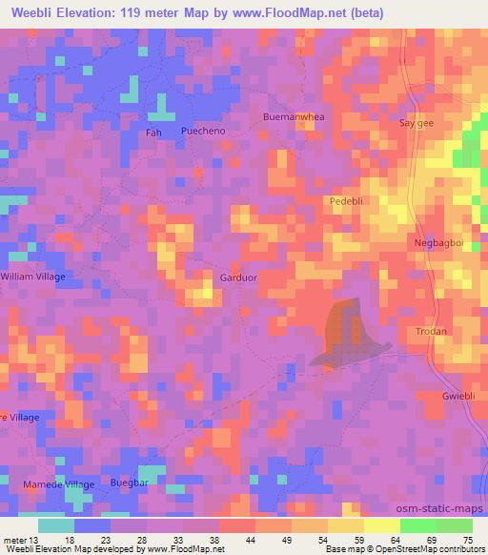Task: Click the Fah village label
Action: (x=153, y=133)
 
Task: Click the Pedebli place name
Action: (x=349, y=201)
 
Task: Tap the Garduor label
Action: (x=238, y=277)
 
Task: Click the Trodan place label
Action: (x=430, y=331)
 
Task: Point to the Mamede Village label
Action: (x=59, y=485)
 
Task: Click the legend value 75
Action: (x=468, y=540)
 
